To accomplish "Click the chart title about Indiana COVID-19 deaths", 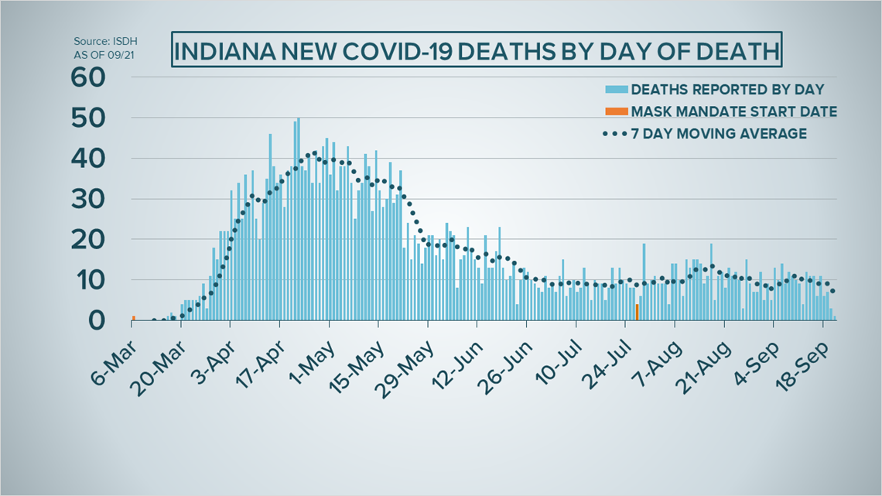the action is click(477, 50).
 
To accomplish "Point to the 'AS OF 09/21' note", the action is click(104, 55).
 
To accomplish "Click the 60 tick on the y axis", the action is click(88, 77).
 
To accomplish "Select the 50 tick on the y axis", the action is click(88, 118).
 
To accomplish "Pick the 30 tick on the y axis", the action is click(88, 199).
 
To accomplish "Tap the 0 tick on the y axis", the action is click(97, 320).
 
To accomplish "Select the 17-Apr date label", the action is click(258, 365).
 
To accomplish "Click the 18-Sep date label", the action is click(802, 365).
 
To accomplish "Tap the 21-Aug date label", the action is click(706, 367).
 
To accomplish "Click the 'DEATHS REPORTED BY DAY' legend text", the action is click(727, 90).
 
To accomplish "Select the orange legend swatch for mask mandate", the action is click(617, 111).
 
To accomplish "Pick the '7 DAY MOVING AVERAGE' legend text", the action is click(719, 134).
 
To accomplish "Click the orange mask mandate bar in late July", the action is click(637, 312).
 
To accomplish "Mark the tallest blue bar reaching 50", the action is click(298, 219).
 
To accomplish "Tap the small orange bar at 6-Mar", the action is click(133, 318).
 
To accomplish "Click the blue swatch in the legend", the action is click(617, 90).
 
